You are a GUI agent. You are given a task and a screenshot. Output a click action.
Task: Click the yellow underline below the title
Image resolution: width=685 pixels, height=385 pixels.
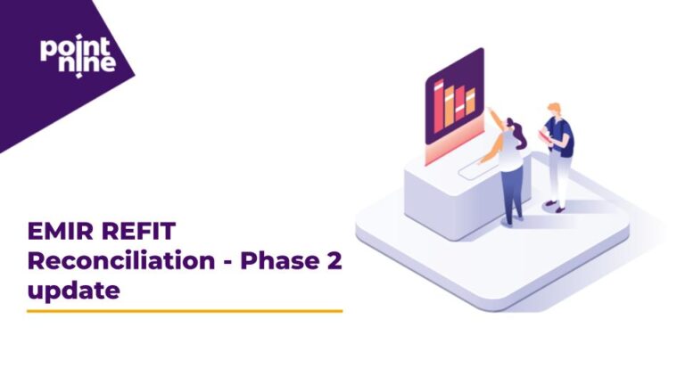[185, 311]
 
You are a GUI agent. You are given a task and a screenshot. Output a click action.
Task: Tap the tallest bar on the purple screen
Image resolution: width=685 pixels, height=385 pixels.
[439, 103]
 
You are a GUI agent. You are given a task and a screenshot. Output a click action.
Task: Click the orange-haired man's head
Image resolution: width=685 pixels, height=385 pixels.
[554, 110]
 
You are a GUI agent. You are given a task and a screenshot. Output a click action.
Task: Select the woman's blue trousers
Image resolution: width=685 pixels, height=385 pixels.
[511, 192]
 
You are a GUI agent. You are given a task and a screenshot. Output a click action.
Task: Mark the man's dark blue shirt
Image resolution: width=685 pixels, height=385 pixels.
[562, 137]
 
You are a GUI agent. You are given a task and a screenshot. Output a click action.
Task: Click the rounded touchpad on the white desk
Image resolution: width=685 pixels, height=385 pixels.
[473, 168]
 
